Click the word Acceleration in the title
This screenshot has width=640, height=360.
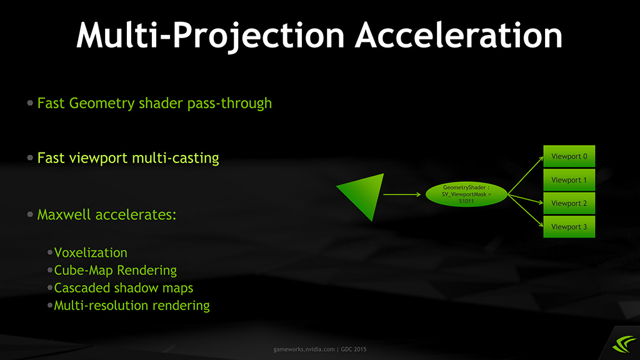click(x=459, y=35)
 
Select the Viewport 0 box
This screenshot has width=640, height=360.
click(x=569, y=156)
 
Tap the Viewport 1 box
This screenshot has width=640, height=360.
click(x=569, y=180)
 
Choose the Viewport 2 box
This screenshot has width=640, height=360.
click(x=569, y=203)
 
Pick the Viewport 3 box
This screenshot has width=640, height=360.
click(x=569, y=226)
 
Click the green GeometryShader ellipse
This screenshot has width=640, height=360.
click(x=466, y=194)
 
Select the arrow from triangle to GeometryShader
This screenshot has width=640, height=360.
click(x=402, y=195)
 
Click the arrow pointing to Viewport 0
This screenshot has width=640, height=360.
click(x=526, y=175)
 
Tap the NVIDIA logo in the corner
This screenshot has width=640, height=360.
click(x=624, y=344)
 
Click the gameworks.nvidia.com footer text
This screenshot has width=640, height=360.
click(x=304, y=349)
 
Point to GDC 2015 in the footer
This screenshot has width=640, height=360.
click(x=354, y=349)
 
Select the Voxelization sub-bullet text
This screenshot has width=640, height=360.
click(x=91, y=252)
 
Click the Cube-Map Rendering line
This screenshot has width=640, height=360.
click(x=116, y=270)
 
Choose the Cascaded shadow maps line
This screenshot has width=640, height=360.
click(x=124, y=287)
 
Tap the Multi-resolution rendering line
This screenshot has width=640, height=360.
click(x=132, y=305)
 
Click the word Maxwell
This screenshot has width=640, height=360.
click(x=63, y=215)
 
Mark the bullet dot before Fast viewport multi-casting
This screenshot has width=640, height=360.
click(x=30, y=157)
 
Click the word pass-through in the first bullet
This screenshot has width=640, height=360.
click(x=229, y=104)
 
